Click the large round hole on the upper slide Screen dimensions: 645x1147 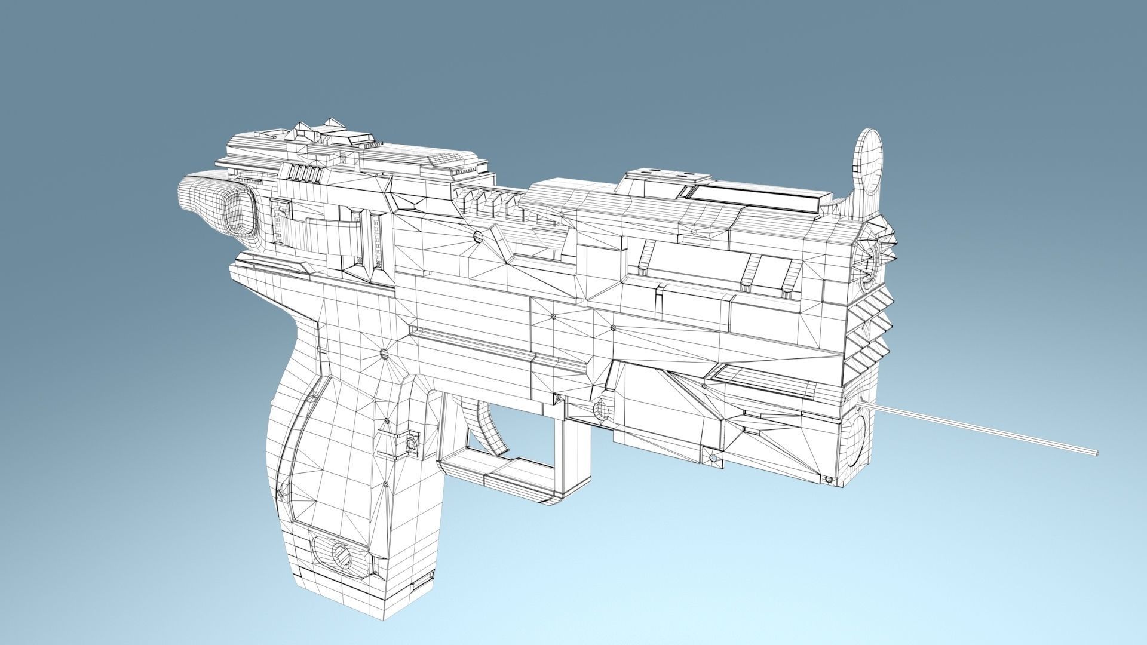(478, 238)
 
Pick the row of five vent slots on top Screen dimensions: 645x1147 (305, 173)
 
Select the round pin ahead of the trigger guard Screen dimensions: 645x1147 (600, 410)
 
